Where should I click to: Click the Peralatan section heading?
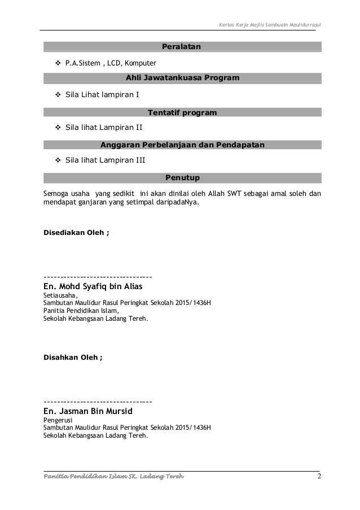coord(182,46)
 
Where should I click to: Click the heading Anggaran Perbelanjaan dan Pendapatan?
coord(182,145)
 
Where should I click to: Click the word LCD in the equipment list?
coord(123,62)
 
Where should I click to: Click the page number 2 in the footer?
coord(319,479)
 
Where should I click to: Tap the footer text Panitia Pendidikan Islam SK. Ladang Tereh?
coord(113,480)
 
